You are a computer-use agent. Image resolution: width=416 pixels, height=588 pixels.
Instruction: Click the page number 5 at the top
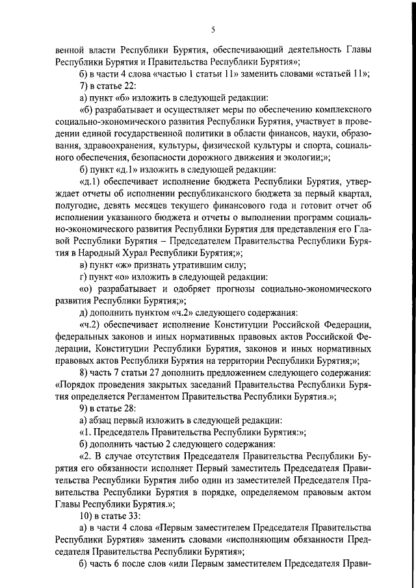coord(213,29)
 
